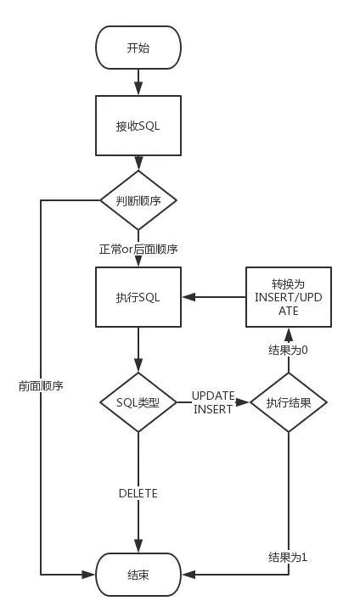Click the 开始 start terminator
138,48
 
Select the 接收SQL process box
138,126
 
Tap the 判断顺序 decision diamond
138,200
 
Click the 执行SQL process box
138,298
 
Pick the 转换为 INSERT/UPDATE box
288,298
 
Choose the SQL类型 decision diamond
138,401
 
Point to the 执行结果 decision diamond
288,402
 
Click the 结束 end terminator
138,575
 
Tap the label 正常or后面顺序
138,249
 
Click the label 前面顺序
42,385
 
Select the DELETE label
138,493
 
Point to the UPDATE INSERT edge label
212,402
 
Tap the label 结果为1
288,557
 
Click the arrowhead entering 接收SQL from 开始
138,89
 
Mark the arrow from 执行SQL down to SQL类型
138,348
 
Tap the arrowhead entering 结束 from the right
188,575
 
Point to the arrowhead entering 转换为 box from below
288,334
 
